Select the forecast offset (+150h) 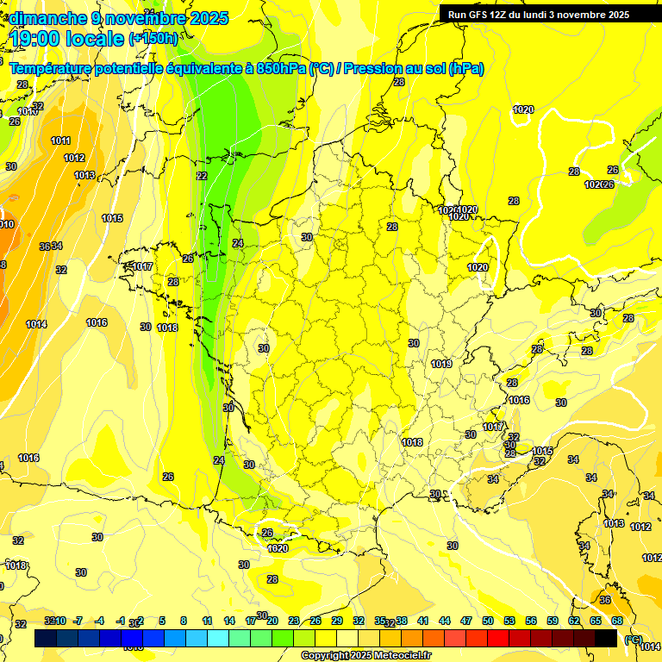tap(153, 39)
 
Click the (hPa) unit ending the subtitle tap(465, 69)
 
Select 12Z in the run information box tap(506, 15)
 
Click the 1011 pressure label tap(60, 141)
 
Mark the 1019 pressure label tap(442, 365)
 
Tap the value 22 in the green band tap(202, 176)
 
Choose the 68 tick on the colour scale tap(617, 621)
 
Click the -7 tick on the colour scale tap(78, 621)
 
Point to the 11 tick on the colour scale tap(207, 621)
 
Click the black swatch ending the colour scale tap(606, 638)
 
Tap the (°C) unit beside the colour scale tap(633, 639)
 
